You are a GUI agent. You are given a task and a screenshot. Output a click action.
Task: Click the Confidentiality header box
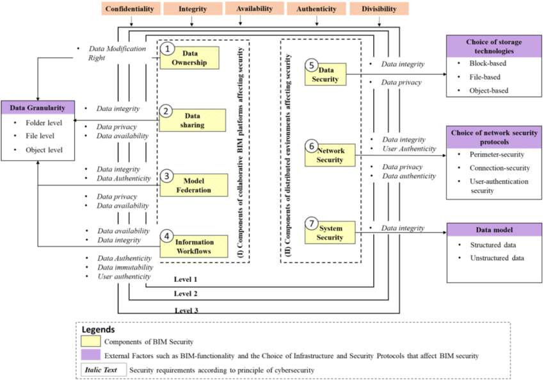click(131, 10)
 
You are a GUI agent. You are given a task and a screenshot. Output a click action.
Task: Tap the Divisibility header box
click(378, 10)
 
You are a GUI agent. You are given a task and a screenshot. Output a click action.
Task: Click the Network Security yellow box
click(331, 155)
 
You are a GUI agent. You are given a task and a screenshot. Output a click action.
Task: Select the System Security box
click(331, 233)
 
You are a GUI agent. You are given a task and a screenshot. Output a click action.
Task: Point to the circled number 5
click(311, 65)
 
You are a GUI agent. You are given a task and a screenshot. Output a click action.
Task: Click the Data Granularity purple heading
click(38, 107)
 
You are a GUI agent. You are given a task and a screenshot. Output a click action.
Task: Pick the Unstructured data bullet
click(495, 258)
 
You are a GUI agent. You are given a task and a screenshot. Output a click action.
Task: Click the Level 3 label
click(186, 310)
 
